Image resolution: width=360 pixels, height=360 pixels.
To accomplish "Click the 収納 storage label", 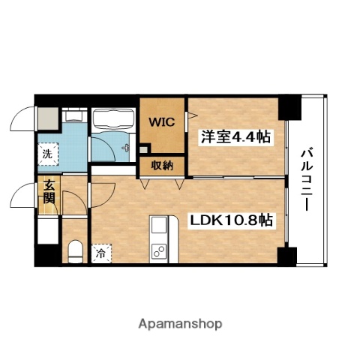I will (x=161, y=166).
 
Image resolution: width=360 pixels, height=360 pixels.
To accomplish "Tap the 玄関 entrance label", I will (x=48, y=193).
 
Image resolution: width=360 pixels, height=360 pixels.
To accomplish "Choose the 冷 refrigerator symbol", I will (x=100, y=253).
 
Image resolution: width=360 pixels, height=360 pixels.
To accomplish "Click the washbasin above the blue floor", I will (x=73, y=117).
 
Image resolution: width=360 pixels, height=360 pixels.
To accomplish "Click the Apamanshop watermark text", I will (x=180, y=324).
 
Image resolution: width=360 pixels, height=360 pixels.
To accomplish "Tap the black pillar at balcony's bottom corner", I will (x=286, y=257).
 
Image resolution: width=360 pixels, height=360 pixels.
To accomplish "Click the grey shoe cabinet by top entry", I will (x=47, y=117).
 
